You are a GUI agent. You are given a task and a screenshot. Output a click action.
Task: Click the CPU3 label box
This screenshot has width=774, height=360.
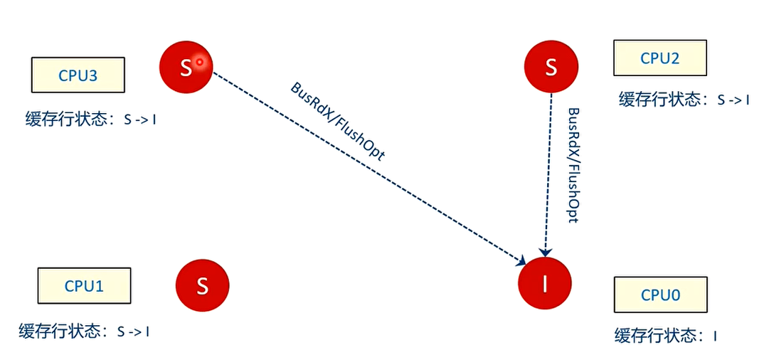[x=78, y=75]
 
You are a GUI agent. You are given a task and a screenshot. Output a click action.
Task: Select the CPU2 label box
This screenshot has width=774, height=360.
[x=660, y=58]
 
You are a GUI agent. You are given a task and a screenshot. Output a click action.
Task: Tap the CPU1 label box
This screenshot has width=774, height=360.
[x=85, y=286]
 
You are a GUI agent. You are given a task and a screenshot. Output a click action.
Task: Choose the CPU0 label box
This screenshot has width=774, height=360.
[x=661, y=295]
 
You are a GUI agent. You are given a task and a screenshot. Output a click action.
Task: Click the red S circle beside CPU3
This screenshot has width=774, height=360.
[x=186, y=67]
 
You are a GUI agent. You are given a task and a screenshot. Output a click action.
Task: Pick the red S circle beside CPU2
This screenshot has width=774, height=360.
[x=551, y=68]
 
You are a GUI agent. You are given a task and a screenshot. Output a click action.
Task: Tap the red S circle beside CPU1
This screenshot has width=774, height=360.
[x=202, y=286]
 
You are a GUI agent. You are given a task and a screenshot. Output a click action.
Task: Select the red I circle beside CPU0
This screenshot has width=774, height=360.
[x=545, y=284]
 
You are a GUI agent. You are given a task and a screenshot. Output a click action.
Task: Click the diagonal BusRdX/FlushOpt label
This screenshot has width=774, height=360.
[x=338, y=121]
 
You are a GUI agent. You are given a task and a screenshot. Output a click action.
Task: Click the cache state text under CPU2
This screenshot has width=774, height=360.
[x=684, y=100]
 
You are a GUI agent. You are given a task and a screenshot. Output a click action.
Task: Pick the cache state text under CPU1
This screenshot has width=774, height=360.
[x=84, y=331]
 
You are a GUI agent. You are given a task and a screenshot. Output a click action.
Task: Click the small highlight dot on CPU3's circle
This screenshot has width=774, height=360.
[x=200, y=62]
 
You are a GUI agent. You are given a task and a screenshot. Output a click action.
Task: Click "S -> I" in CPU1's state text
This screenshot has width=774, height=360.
[x=133, y=332]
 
